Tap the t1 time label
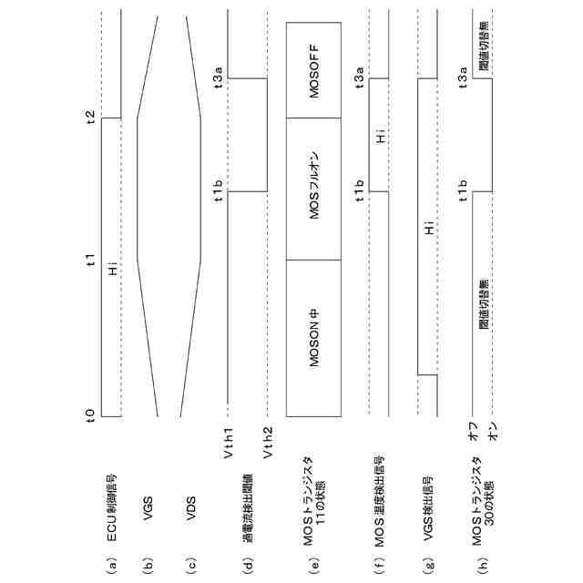(90, 261)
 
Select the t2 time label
(90, 118)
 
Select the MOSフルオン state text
(312, 189)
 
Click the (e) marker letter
(312, 566)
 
